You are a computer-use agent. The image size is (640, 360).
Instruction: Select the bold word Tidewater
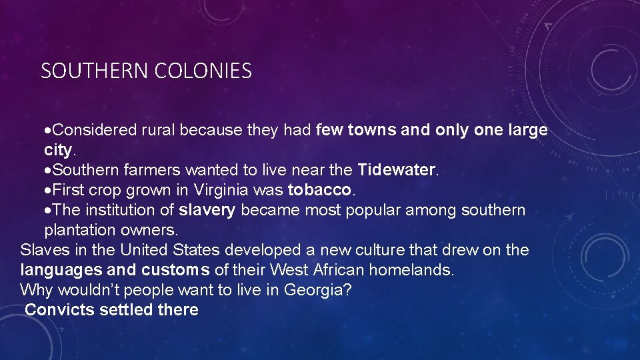pyautogui.click(x=396, y=170)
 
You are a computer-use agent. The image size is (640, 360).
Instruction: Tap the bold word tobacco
pyautogui.click(x=319, y=190)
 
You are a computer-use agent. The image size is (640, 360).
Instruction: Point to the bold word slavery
pyautogui.click(x=207, y=210)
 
